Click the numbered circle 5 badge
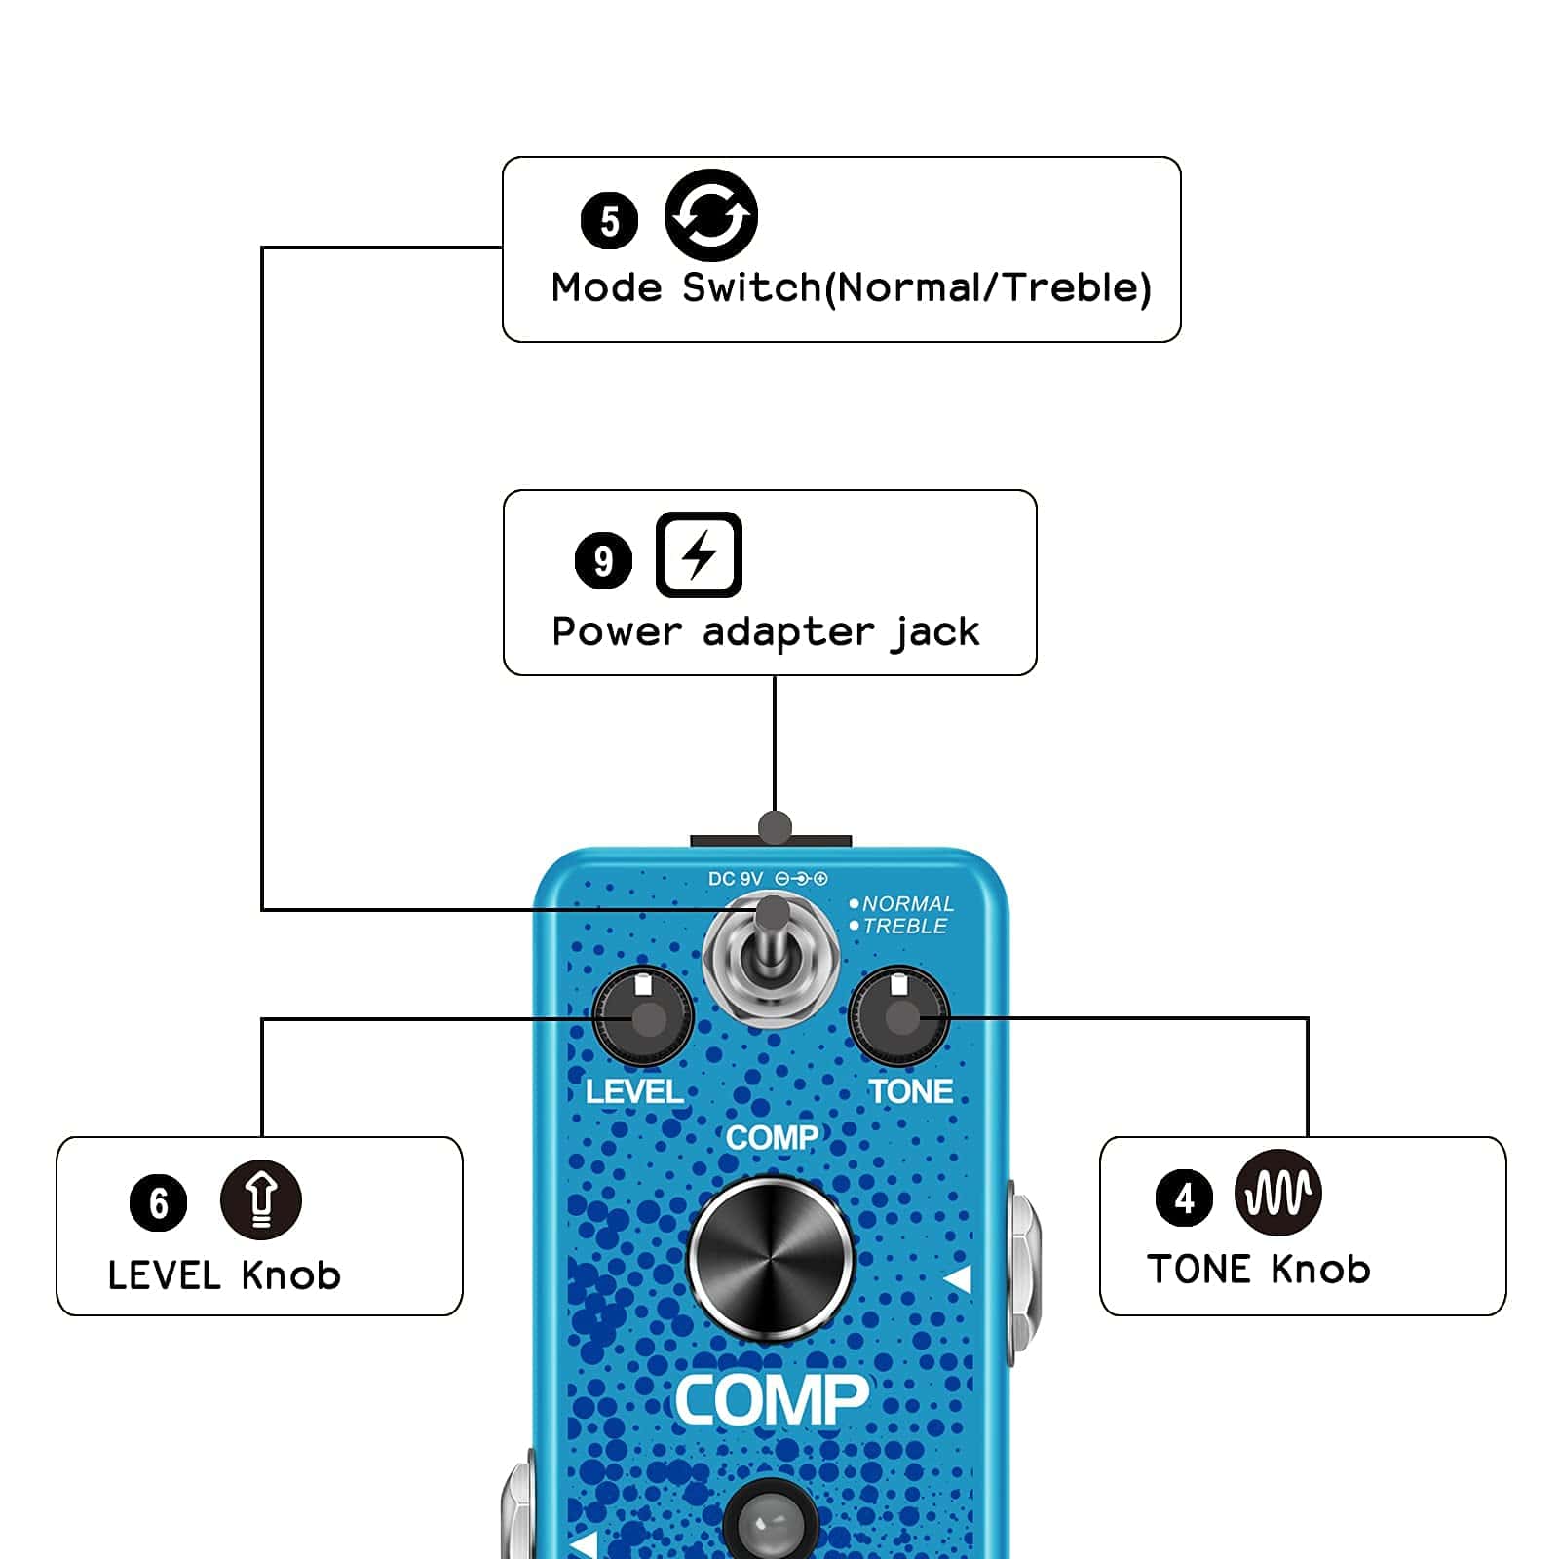point(609,221)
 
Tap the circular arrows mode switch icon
point(711,215)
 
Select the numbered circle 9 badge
point(603,560)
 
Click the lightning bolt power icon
point(699,554)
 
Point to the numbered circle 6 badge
point(158,1202)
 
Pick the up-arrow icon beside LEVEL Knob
point(260,1199)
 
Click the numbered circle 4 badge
point(1184,1198)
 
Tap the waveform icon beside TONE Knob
point(1277,1192)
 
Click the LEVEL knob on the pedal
point(643,1018)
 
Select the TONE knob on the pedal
point(899,1016)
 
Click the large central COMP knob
point(771,1259)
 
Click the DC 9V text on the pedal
point(736,879)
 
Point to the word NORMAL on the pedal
point(907,904)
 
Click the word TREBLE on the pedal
point(904,927)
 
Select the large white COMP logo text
point(771,1400)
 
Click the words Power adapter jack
point(765,632)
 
